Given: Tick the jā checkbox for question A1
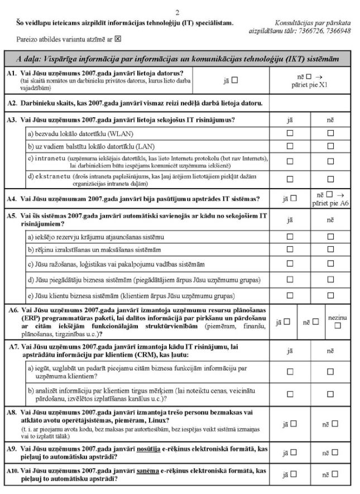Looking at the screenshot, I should click(x=235, y=80).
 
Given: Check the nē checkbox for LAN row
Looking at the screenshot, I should click(x=330, y=147).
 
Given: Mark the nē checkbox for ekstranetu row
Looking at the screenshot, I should click(x=330, y=179).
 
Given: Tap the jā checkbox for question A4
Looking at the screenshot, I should click(x=294, y=197).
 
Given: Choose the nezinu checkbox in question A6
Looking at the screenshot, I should click(x=337, y=325).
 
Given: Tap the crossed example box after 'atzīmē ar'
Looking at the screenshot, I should click(x=118, y=40).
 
